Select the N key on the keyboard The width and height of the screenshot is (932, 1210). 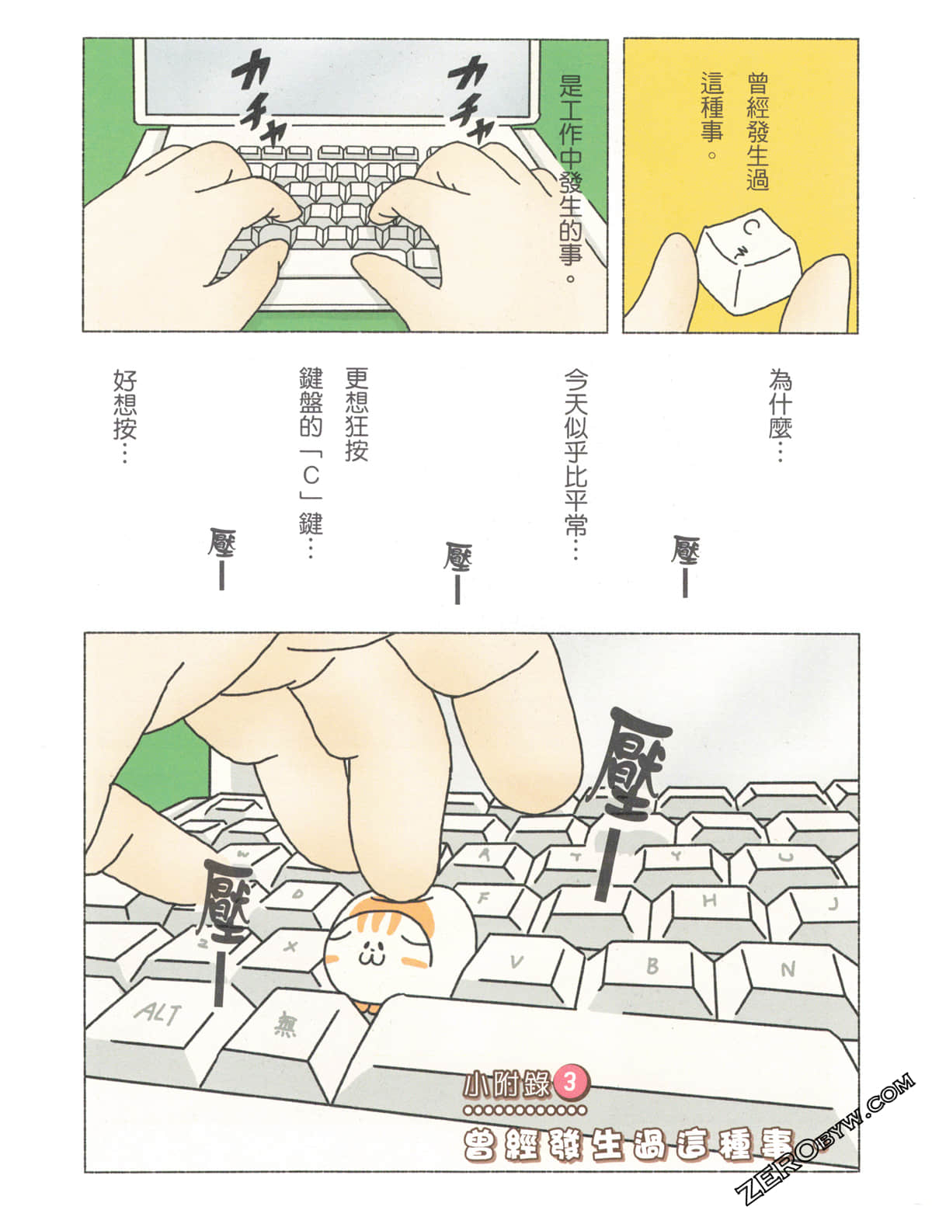[788, 970]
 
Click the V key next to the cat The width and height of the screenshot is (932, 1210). [516, 962]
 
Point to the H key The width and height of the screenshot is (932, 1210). [708, 901]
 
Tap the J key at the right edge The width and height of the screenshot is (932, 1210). [833, 904]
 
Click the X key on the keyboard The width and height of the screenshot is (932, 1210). [291, 947]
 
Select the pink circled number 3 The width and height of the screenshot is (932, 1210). [569, 1082]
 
